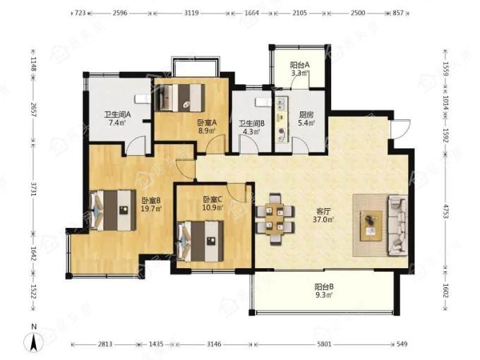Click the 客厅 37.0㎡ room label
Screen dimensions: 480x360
tap(323, 215)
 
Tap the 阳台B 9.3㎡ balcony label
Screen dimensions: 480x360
tap(324, 291)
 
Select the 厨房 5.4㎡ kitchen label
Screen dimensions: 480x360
tap(306, 119)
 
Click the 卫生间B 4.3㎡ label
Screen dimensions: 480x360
tap(251, 127)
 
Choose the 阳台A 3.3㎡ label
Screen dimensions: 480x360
tap(300, 69)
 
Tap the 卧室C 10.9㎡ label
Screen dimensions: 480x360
tap(212, 203)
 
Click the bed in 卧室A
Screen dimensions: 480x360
tap(180, 97)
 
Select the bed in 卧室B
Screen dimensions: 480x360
tap(113, 210)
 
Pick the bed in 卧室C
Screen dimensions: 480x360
tap(200, 241)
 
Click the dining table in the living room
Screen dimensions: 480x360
tap(275, 219)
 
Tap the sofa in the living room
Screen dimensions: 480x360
tap(397, 225)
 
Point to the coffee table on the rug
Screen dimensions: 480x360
tap(371, 226)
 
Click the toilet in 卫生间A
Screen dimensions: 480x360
tap(143, 99)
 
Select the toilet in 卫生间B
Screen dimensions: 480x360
tap(263, 102)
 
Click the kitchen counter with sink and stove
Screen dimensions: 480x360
tap(282, 120)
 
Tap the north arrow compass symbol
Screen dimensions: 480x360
tap(35, 342)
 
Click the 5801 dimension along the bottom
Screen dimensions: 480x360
tap(324, 344)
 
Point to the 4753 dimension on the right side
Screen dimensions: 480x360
tap(445, 211)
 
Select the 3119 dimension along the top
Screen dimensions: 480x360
tap(191, 13)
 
